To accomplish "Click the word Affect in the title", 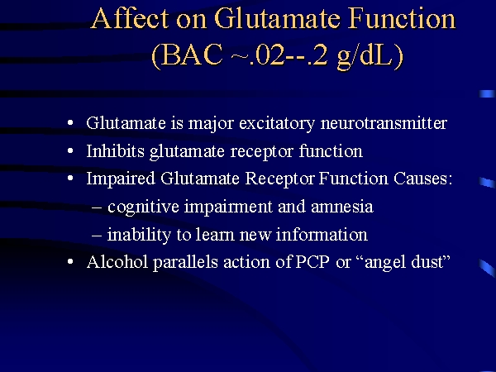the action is click(130, 18).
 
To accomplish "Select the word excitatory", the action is click(277, 123).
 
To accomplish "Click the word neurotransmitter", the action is click(384, 123).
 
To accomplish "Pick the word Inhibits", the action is click(115, 151).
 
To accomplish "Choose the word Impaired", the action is click(121, 179).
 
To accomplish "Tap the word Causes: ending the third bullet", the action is click(423, 179).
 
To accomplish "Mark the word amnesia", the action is click(342, 207).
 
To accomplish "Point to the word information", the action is click(322, 235).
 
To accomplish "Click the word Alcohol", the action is click(117, 262).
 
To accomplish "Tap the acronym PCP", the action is click(312, 262).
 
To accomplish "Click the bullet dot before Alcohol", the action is click(70, 262).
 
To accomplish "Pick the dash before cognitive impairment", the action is click(97, 207).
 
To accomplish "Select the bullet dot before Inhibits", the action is click(70, 151).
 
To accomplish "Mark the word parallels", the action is click(185, 263).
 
